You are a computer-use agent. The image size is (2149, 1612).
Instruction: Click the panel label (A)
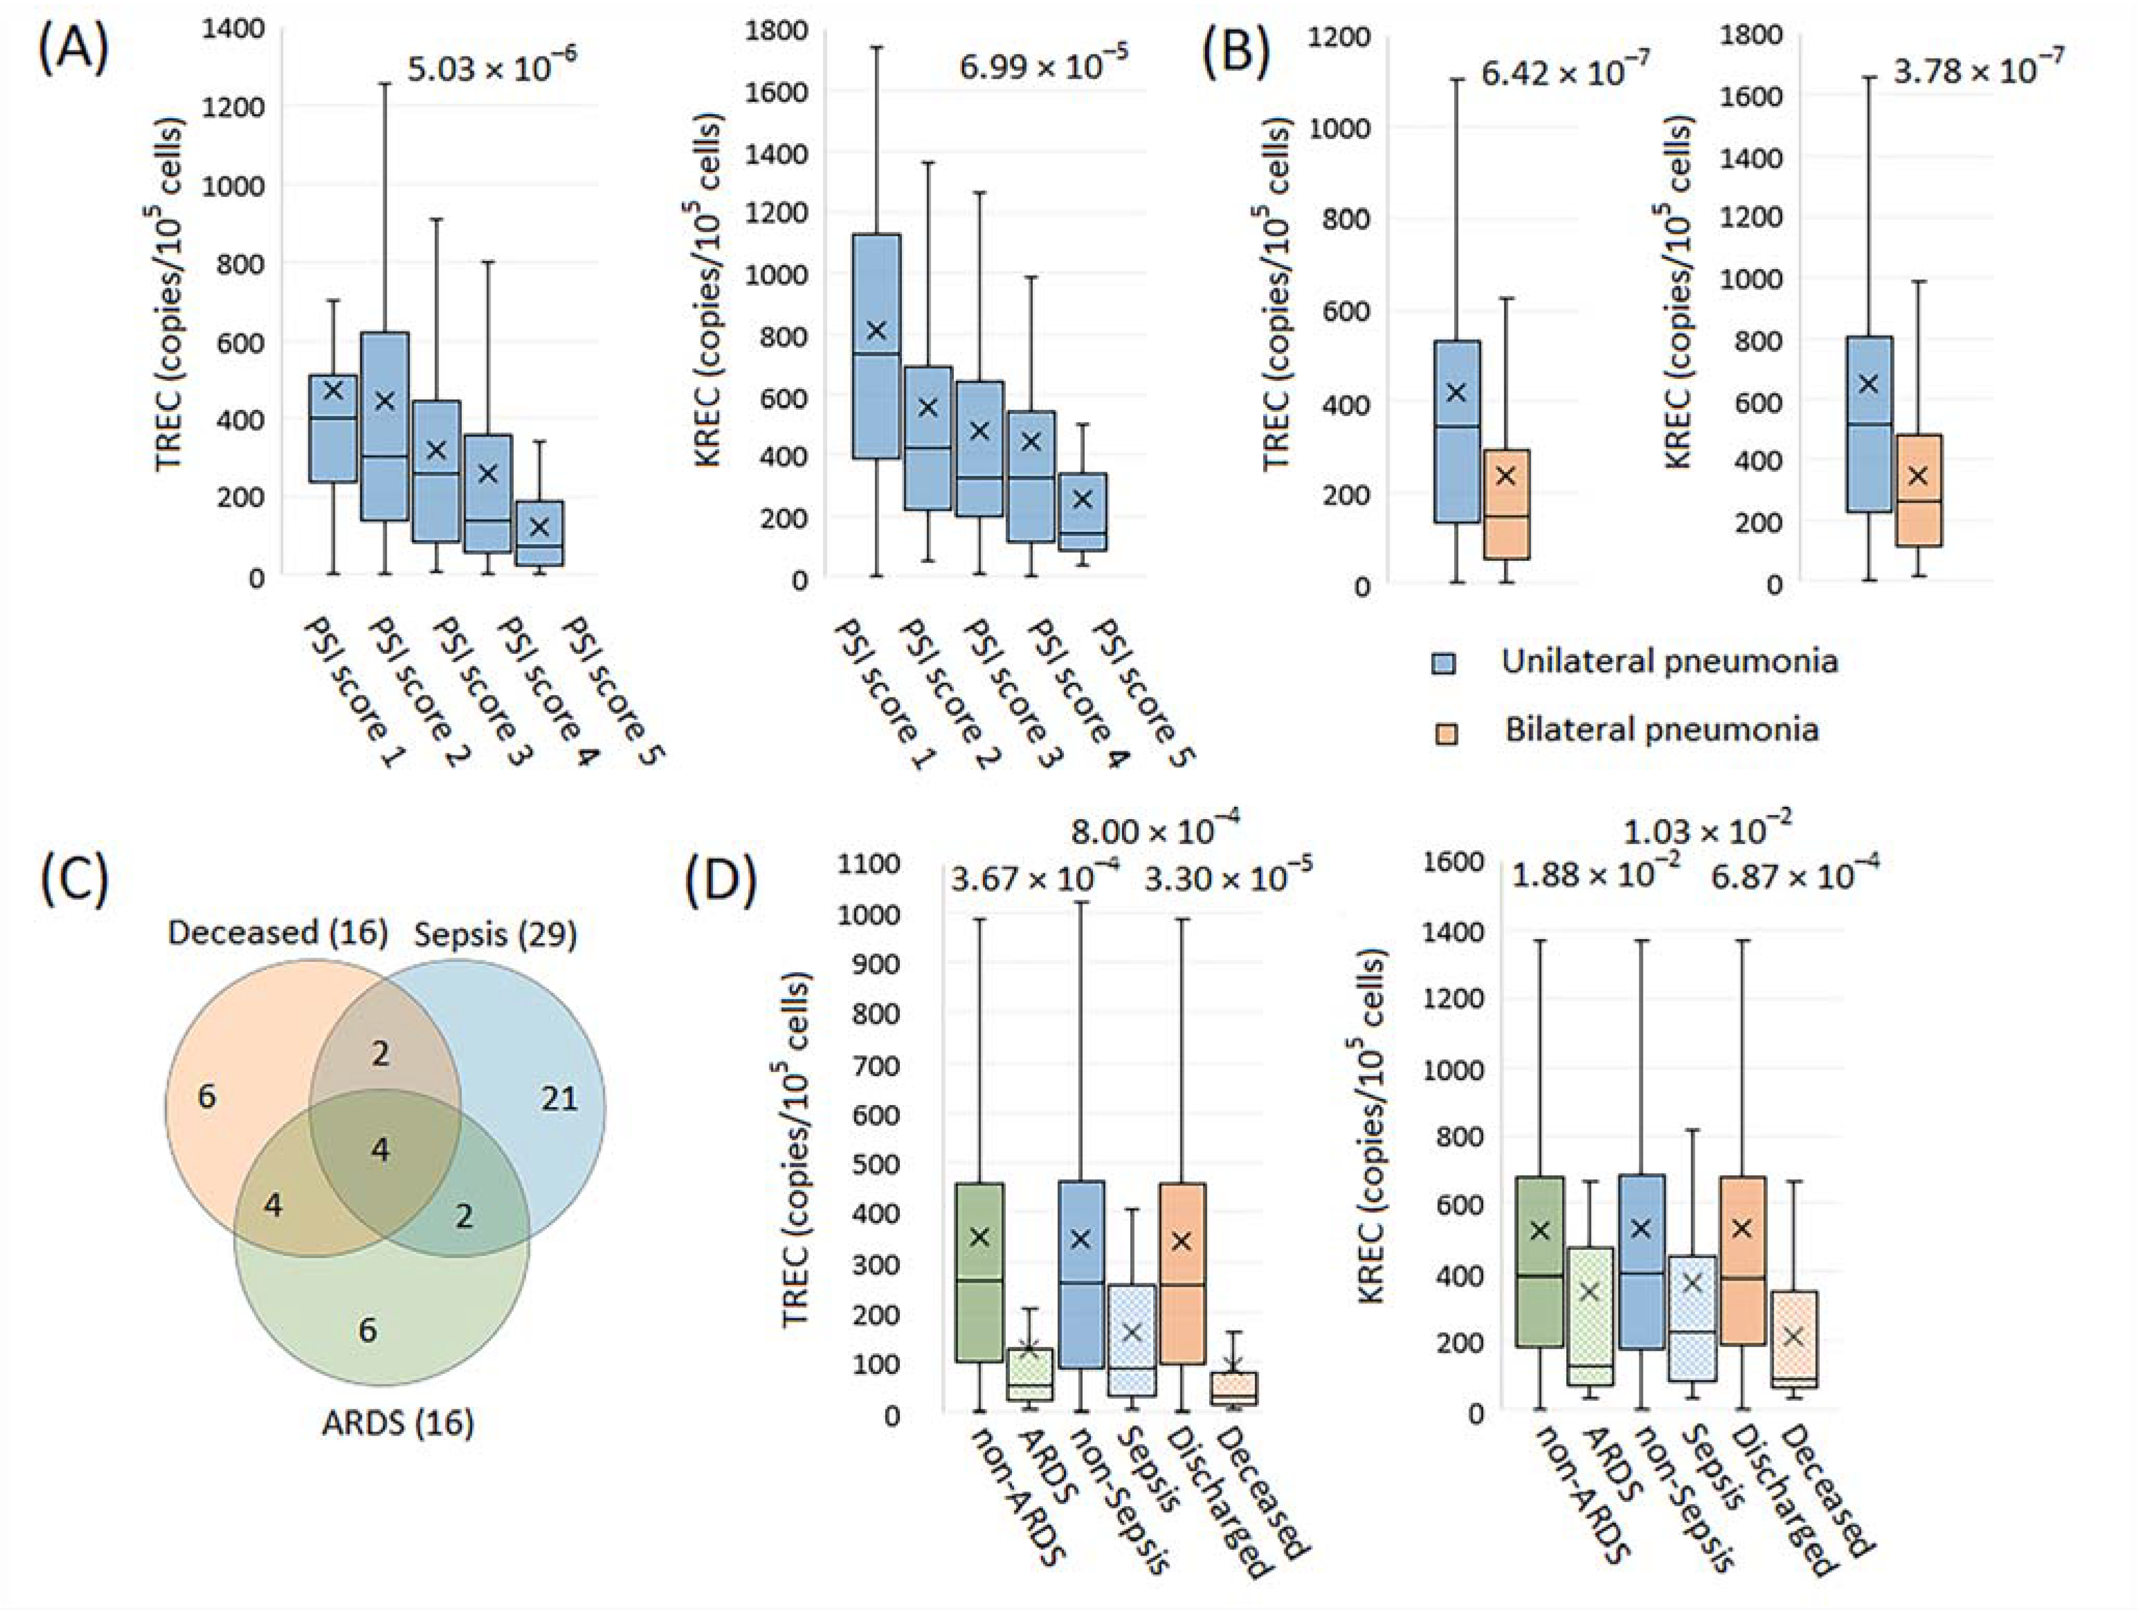click(x=73, y=50)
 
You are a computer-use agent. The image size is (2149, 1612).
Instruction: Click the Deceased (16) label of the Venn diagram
click(x=278, y=933)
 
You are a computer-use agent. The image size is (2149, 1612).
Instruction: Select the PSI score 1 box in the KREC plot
click(x=877, y=346)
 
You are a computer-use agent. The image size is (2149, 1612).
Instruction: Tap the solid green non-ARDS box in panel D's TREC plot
click(x=979, y=1272)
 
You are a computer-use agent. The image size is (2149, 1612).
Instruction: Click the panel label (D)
click(x=720, y=885)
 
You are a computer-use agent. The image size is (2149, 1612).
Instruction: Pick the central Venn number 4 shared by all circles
click(x=381, y=1151)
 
